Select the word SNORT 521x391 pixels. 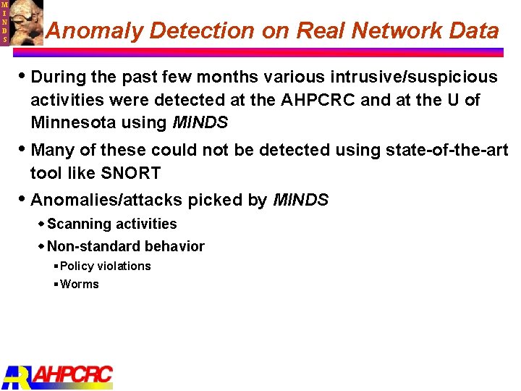pos(130,173)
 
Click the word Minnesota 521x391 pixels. pos(73,122)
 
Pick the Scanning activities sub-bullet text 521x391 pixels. pos(111,224)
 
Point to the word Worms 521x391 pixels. pos(80,284)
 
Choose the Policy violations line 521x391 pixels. pos(106,266)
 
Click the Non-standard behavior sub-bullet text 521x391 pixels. pos(126,246)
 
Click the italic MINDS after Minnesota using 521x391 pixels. pos(200,122)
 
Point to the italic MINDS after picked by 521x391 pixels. pos(301,200)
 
